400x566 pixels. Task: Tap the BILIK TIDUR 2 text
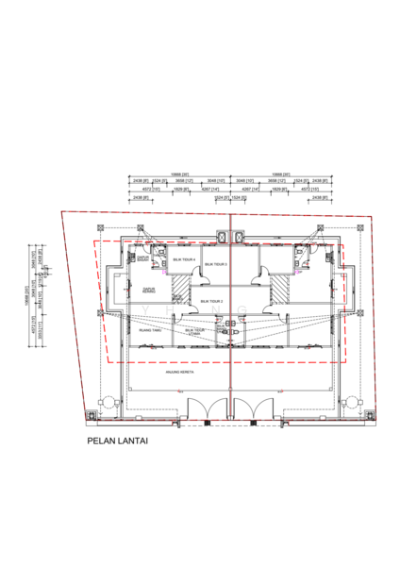click(x=210, y=301)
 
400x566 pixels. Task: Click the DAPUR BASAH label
click(x=143, y=258)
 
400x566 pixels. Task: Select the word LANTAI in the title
click(x=133, y=440)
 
